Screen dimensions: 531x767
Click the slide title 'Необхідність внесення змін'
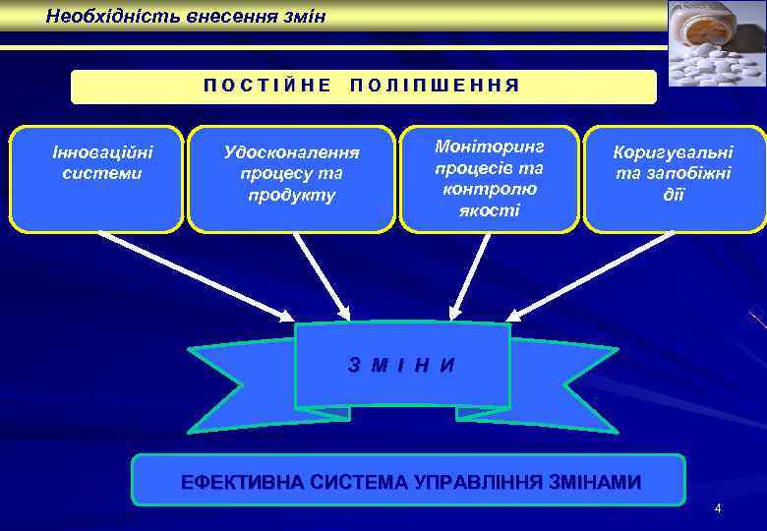click(x=185, y=17)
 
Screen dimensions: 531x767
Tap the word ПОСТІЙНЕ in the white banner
click(x=267, y=86)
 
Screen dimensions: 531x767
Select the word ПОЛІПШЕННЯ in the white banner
click(x=434, y=86)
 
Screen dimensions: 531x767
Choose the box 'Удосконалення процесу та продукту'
click(x=291, y=178)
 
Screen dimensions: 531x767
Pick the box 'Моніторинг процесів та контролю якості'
click(x=489, y=178)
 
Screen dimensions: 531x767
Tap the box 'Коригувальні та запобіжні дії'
click(x=674, y=178)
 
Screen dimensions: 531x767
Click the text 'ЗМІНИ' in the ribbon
click(x=402, y=365)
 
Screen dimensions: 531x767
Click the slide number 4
click(x=718, y=508)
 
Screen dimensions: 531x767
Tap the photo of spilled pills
click(x=716, y=43)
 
